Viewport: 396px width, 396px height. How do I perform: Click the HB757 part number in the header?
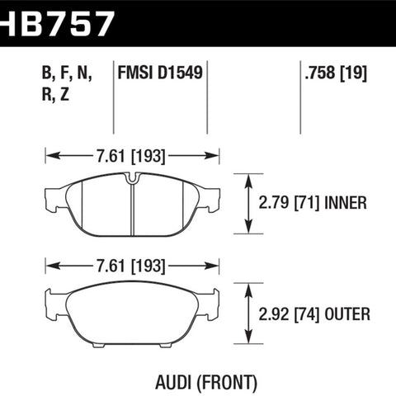click(56, 24)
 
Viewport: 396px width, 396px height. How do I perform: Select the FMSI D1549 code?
click(160, 73)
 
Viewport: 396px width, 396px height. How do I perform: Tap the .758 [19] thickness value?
click(336, 73)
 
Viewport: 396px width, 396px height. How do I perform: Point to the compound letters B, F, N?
click(67, 73)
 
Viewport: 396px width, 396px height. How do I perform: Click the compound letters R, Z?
click(55, 94)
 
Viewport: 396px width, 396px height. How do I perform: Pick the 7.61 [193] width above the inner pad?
click(131, 156)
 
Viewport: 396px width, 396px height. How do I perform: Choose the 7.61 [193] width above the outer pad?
click(131, 266)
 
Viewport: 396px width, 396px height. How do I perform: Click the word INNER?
click(346, 203)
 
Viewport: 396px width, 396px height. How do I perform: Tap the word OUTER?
click(347, 314)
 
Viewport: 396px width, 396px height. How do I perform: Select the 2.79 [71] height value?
click(289, 203)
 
